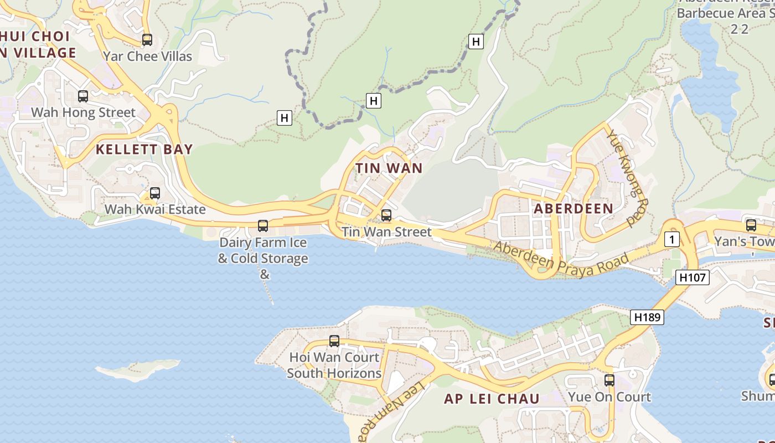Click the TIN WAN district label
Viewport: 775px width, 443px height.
389,168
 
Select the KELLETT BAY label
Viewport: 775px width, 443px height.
144,149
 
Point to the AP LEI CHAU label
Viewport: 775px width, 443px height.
492,399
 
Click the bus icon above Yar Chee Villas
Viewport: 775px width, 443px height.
147,40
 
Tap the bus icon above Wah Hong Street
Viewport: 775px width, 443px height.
83,96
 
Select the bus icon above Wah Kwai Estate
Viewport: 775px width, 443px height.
155,193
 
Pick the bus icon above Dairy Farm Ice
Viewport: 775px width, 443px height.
263,226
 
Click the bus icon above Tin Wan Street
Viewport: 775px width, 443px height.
386,215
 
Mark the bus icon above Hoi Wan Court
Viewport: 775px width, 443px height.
334,341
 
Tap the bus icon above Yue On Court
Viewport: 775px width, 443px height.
609,380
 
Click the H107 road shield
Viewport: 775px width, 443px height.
693,277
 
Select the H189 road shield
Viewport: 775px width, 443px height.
647,317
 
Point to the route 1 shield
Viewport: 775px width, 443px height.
671,240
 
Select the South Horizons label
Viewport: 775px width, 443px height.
334,373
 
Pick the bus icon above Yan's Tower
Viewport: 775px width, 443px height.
751,225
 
